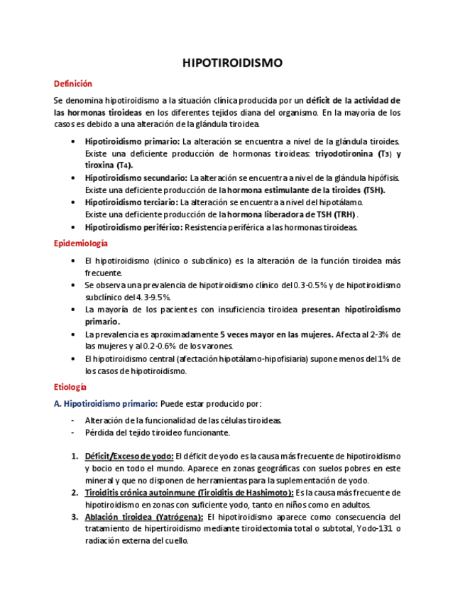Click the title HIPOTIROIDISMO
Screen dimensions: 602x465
coord(232,63)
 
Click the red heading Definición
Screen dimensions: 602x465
coord(73,84)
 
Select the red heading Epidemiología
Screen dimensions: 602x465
coord(81,243)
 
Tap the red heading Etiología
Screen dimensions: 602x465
coord(70,387)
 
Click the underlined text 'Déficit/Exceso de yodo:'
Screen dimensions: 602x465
coord(128,456)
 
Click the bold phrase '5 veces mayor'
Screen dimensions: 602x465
coord(246,334)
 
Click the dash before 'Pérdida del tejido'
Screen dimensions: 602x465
coord(73,432)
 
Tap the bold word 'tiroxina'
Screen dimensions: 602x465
coord(102,165)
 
